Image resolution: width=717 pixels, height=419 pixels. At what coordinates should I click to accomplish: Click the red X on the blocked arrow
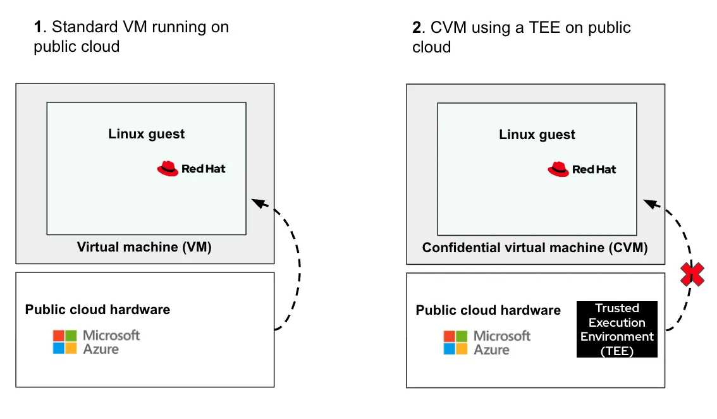692,274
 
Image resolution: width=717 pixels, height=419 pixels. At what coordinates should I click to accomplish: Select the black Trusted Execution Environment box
616,329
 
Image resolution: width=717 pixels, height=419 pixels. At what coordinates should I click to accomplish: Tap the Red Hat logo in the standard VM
191,169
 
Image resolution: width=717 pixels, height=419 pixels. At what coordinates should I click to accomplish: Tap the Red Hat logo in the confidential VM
582,169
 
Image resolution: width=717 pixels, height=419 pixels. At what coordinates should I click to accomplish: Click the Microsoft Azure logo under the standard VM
96,341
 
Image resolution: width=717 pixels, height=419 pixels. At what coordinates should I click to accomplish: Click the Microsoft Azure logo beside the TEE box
487,342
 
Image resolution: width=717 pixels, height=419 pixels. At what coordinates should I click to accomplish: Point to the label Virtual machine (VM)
144,247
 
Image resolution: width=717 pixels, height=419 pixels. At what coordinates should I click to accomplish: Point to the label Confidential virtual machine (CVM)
535,248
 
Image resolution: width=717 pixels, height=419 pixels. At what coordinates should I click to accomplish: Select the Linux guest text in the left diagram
147,134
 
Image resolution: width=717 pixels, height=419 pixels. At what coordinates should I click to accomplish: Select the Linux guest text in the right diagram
537,135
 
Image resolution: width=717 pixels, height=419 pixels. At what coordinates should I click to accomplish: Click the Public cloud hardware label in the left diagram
97,310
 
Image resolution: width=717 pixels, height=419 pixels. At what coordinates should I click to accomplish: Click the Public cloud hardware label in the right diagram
488,310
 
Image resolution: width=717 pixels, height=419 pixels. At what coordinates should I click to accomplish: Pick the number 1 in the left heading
39,27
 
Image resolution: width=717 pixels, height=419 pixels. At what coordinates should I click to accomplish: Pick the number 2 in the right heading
417,28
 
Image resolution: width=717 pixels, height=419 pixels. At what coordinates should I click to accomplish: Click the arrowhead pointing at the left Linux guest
257,202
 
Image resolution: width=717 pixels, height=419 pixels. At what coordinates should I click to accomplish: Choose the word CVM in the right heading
446,28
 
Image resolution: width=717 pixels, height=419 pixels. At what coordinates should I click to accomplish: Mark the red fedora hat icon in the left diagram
168,168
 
